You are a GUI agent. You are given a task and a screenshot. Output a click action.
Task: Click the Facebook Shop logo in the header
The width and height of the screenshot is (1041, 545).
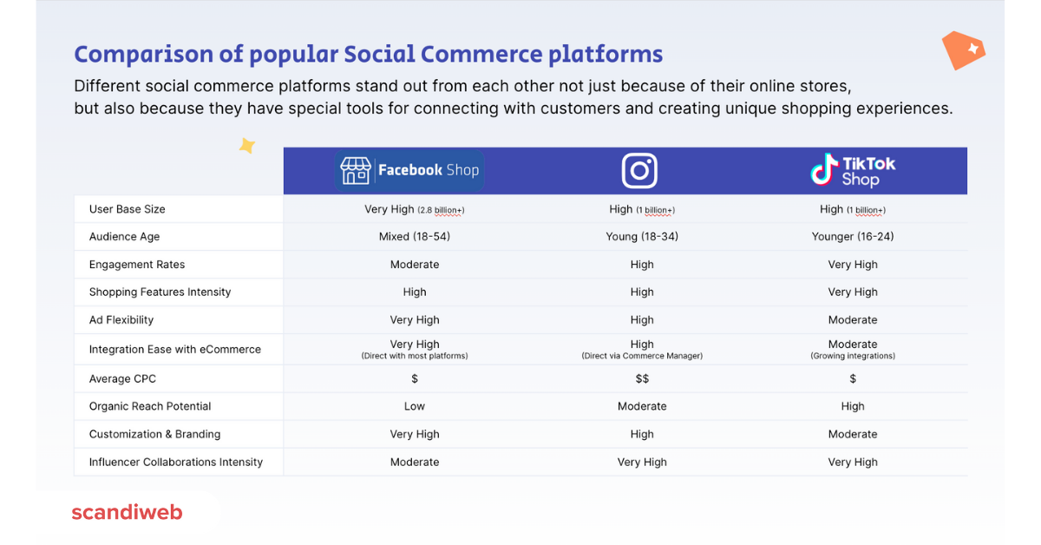click(x=409, y=170)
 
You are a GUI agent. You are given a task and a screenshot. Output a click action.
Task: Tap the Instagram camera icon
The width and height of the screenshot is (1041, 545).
click(x=639, y=171)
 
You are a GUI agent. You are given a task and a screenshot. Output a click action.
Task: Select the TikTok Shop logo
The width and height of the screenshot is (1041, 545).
click(x=852, y=171)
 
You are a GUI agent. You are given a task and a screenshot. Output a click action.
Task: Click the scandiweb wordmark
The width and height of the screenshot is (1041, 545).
click(x=127, y=512)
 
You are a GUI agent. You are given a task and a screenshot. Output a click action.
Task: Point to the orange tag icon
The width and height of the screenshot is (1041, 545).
click(x=963, y=49)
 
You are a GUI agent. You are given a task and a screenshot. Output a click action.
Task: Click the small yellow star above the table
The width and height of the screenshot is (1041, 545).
click(x=247, y=146)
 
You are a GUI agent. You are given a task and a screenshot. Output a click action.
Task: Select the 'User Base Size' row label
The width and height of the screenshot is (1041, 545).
click(x=127, y=209)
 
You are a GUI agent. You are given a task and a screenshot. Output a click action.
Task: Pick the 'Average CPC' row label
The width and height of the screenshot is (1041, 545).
click(x=122, y=379)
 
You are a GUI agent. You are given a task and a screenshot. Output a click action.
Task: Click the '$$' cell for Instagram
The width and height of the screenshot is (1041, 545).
click(x=642, y=379)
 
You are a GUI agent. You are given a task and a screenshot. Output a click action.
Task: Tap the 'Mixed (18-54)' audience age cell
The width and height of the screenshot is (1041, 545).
click(x=415, y=237)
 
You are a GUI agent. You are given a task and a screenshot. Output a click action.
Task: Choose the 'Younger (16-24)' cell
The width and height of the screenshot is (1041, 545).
click(x=853, y=237)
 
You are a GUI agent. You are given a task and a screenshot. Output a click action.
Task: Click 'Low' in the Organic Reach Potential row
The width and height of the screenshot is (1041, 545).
click(x=415, y=406)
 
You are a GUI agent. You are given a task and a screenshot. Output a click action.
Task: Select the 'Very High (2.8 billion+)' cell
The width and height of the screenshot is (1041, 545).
click(x=415, y=209)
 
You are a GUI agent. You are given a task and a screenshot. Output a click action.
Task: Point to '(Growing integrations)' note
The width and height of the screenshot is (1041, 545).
click(x=853, y=356)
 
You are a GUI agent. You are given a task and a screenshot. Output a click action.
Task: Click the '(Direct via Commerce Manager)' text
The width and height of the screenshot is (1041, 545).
click(x=642, y=356)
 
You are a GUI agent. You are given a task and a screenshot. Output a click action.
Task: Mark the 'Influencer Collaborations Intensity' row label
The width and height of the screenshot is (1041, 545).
click(x=175, y=463)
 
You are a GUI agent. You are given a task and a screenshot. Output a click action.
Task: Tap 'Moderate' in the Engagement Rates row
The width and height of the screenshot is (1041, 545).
click(x=415, y=265)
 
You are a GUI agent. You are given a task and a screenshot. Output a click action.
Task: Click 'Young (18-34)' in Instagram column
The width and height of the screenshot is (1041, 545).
click(x=642, y=237)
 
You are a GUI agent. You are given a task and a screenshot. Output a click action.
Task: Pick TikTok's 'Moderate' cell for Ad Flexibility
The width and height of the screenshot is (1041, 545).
click(x=853, y=320)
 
